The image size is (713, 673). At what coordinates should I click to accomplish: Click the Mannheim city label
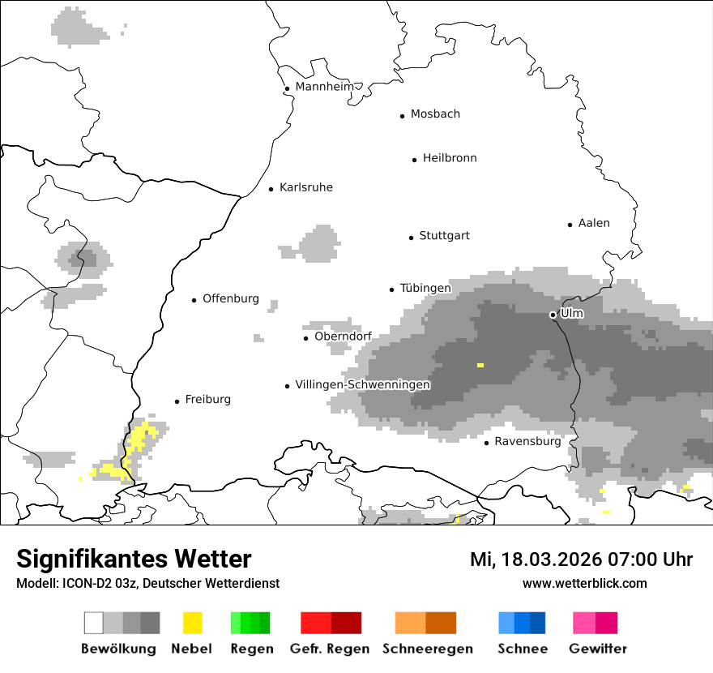tap(324, 87)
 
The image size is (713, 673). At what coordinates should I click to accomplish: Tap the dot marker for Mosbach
tap(402, 116)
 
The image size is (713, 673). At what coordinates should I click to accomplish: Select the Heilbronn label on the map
tap(450, 158)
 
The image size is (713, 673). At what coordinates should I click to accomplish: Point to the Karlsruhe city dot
tap(271, 189)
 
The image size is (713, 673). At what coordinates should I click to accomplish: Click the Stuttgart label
tap(444, 236)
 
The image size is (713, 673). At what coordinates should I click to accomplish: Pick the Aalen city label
tap(594, 223)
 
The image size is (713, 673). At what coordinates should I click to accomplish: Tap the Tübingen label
tap(425, 288)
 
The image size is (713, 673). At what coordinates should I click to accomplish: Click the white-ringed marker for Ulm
tap(553, 315)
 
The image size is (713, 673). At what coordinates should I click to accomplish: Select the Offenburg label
tap(231, 298)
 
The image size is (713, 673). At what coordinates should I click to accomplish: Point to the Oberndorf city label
tap(343, 336)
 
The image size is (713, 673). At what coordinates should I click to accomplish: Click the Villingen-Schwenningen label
tap(362, 384)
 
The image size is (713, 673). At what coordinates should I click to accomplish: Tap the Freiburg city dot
tap(177, 401)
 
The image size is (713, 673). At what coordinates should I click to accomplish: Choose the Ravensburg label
tap(527, 442)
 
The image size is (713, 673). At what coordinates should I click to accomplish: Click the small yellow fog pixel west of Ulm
tap(480, 366)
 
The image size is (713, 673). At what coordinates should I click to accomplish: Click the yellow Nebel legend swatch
tap(192, 623)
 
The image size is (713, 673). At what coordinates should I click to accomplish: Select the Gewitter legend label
tap(597, 649)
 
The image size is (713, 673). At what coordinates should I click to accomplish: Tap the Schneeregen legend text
tap(427, 649)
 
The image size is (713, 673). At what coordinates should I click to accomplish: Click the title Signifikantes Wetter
tap(134, 559)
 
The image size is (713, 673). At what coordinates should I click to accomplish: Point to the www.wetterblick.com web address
tap(584, 583)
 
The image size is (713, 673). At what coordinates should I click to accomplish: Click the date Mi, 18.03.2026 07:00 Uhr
tap(581, 559)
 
